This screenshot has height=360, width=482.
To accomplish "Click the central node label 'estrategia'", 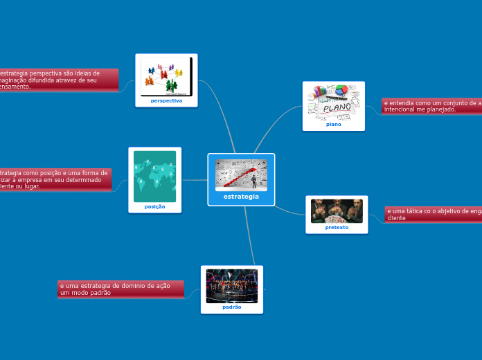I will [241, 197].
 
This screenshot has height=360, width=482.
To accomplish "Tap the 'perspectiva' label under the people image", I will [166, 100].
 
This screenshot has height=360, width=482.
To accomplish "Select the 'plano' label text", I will [333, 125].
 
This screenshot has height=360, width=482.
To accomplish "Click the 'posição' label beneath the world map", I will [154, 206].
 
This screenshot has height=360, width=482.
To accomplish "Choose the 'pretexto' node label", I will [337, 227].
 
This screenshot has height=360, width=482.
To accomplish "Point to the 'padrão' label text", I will [232, 307].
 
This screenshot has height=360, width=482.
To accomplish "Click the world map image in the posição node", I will [154, 176].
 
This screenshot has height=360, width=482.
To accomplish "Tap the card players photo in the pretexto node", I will [337, 210].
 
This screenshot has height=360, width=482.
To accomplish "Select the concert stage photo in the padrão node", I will [232, 286].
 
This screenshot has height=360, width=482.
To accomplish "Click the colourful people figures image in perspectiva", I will [166, 75].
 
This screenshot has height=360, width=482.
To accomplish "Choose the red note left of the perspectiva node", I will [59, 80].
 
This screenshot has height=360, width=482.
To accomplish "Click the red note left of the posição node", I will [55, 179].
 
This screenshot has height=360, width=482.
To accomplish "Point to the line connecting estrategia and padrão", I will [250, 235].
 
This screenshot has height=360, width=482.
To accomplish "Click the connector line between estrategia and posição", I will [195, 180].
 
